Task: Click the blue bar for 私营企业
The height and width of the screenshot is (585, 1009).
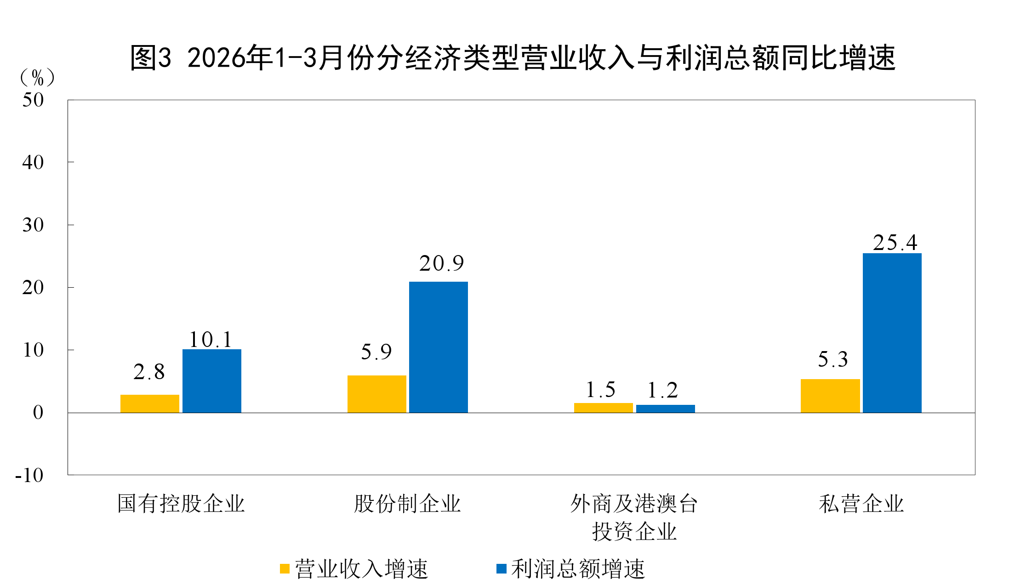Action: (892, 333)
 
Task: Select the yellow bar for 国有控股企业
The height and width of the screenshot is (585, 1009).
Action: (150, 403)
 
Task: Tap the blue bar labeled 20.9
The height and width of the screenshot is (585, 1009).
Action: (438, 347)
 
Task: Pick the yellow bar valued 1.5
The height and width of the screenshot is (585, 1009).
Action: (603, 408)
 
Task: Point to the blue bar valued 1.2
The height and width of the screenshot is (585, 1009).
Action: (665, 409)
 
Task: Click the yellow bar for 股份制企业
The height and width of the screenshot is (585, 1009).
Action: (376, 394)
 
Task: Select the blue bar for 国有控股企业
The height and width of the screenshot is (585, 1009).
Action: (211, 381)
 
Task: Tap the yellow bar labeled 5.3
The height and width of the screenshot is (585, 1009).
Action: (830, 396)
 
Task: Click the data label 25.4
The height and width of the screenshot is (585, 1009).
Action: (895, 243)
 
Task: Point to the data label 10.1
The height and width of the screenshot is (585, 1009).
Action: (211, 340)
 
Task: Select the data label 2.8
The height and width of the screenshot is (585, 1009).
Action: (149, 372)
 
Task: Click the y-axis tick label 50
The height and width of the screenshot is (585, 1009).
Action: (33, 100)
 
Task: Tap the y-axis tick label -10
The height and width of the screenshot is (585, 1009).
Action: (29, 475)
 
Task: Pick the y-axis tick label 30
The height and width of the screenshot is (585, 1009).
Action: (33, 225)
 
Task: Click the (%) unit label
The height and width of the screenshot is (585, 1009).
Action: (37, 78)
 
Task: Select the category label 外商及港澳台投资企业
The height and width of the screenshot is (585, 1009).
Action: (634, 517)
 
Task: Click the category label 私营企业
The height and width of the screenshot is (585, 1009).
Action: (861, 504)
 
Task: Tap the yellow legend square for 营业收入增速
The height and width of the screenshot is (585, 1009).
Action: (285, 569)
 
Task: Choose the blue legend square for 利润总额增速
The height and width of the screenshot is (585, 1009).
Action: (501, 569)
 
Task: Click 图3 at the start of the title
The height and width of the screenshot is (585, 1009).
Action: (150, 58)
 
